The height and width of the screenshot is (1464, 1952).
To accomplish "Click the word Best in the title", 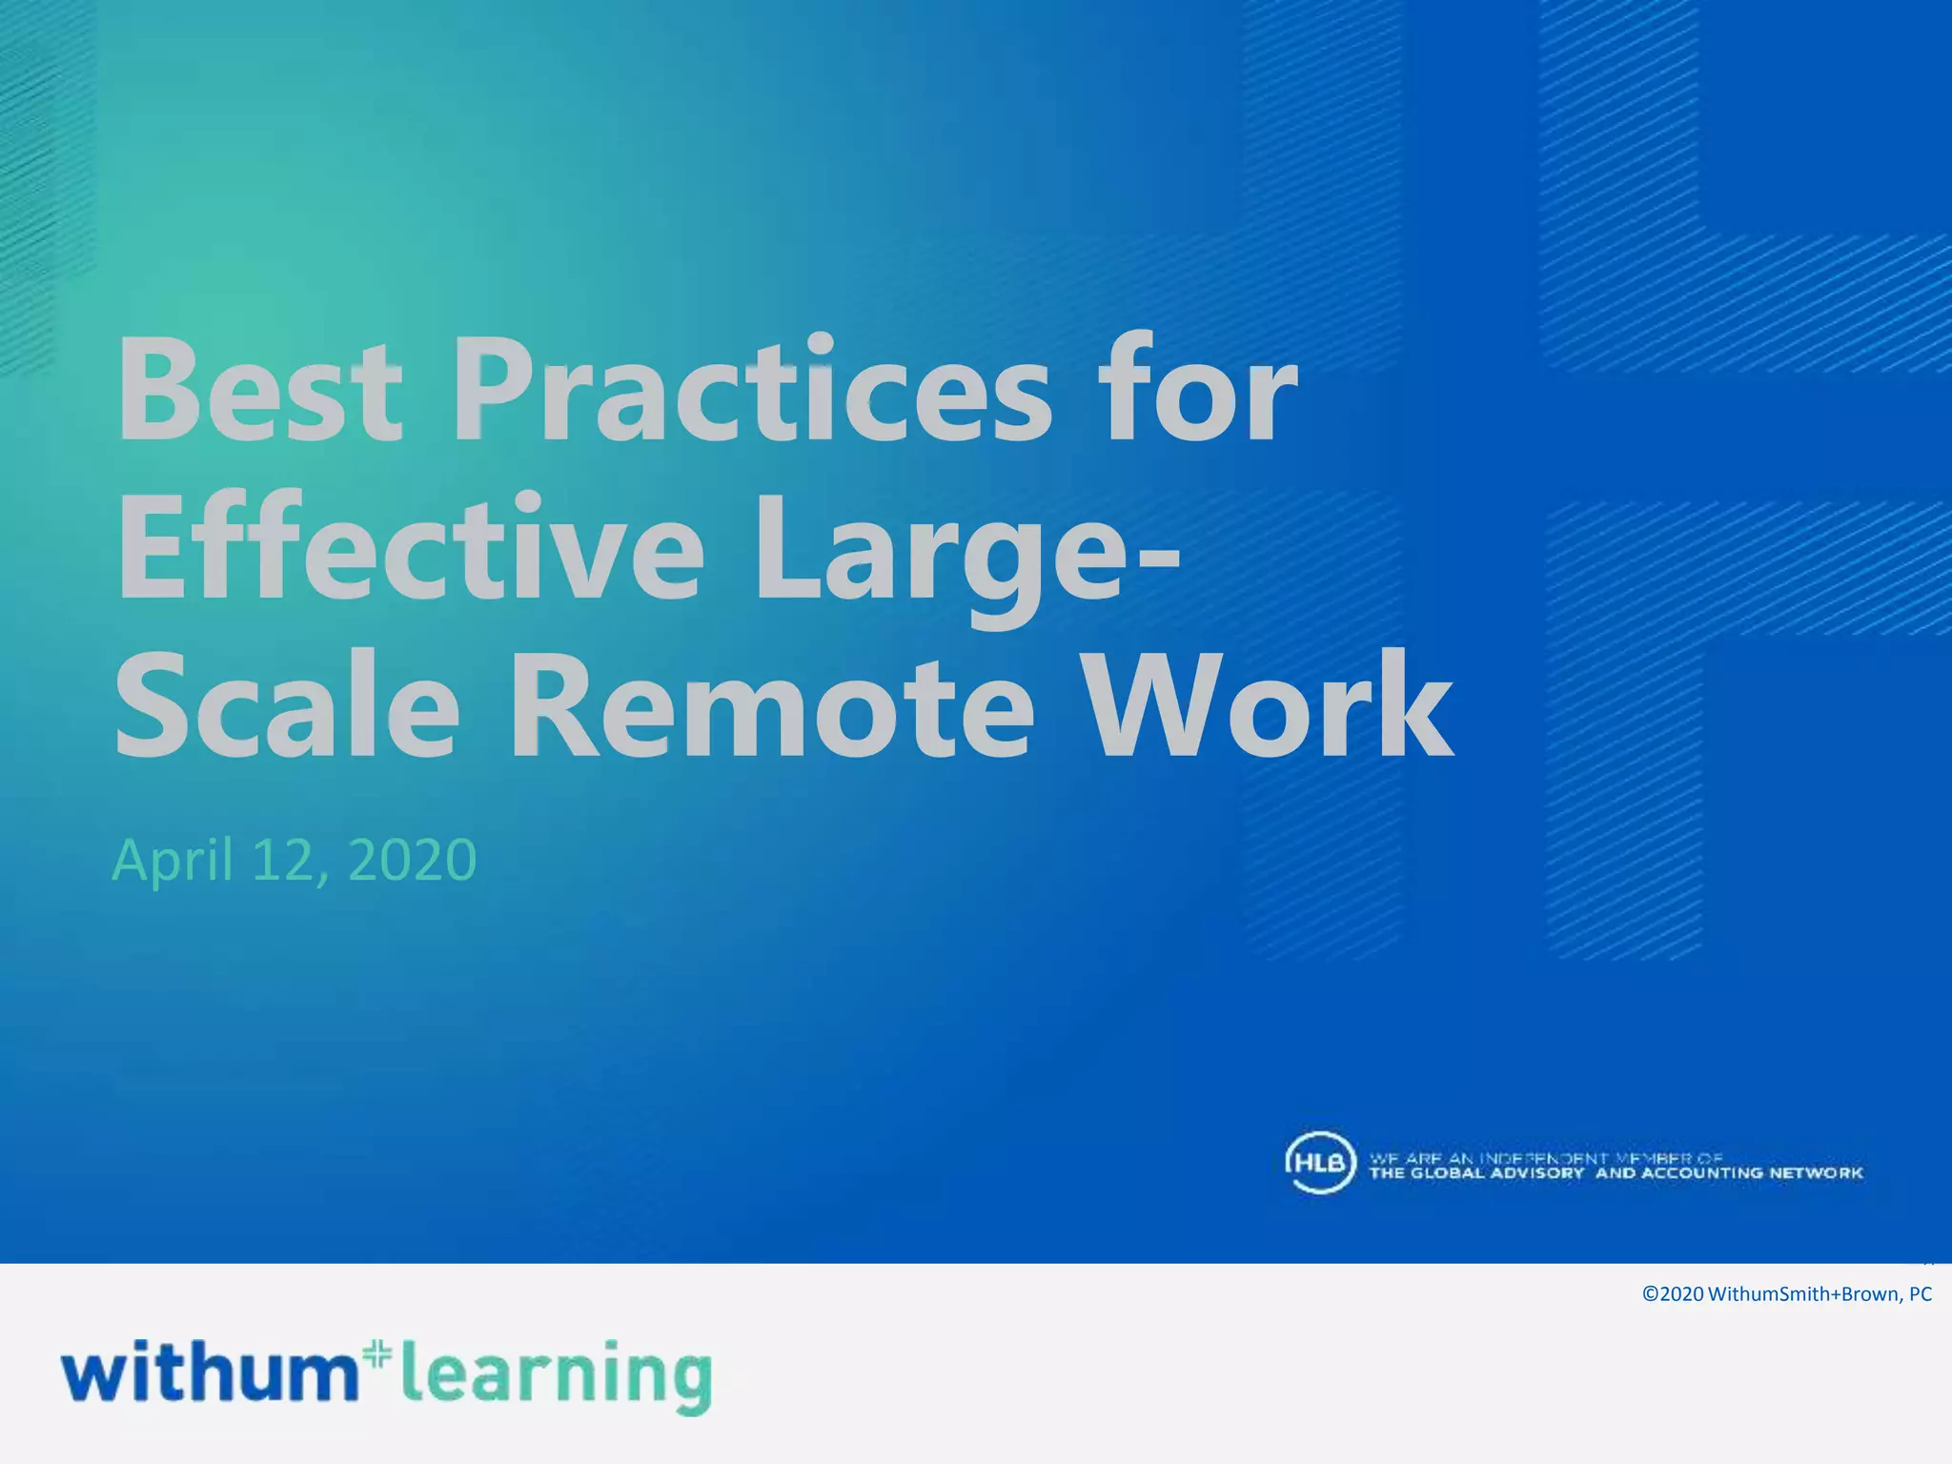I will [257, 391].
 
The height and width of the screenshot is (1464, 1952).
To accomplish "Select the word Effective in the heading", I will [410, 548].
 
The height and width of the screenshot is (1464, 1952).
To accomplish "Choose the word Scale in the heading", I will [286, 705].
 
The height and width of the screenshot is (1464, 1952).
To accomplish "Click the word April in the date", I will [173, 861].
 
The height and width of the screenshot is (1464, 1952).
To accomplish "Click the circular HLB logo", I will [1319, 1163].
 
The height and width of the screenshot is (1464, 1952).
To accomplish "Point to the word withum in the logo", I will [210, 1372].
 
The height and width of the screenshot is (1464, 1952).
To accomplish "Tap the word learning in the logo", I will [557, 1377].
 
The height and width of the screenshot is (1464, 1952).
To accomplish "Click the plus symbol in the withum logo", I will [378, 1353].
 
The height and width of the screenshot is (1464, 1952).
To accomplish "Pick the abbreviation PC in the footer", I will [1921, 1294].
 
